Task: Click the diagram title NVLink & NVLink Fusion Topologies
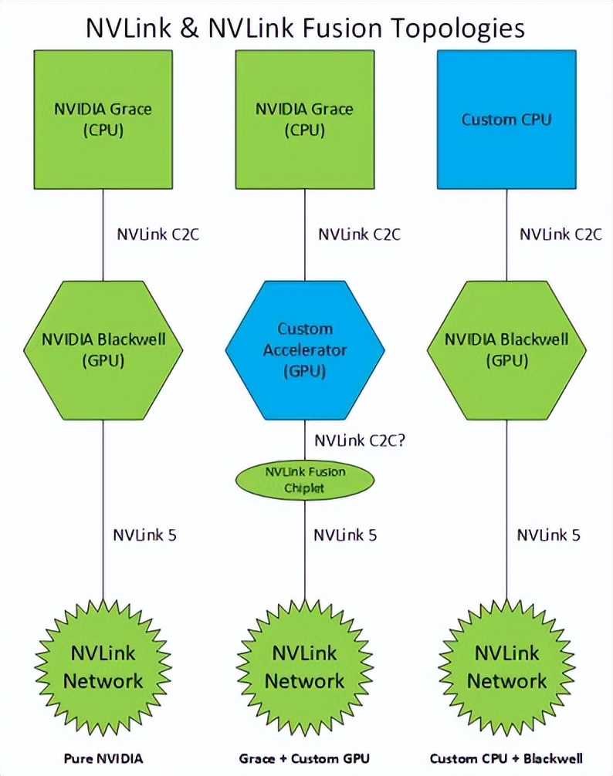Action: tap(306, 28)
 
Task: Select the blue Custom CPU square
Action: tap(506, 120)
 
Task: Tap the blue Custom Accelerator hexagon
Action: tap(305, 350)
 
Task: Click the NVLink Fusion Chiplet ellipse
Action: tap(305, 480)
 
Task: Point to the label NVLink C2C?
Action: tap(359, 441)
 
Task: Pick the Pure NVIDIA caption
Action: tap(104, 757)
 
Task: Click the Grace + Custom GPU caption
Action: tap(305, 757)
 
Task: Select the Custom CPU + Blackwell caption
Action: tap(506, 757)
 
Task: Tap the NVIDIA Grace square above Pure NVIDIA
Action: tap(103, 120)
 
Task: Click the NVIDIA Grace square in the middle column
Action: tap(305, 120)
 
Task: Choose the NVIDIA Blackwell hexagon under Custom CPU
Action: tap(506, 350)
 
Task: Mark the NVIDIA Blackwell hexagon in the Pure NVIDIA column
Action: tap(103, 350)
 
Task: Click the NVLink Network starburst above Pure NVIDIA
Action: tap(103, 667)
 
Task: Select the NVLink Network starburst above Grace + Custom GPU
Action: tap(305, 667)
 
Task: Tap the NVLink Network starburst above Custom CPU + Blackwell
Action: tap(506, 667)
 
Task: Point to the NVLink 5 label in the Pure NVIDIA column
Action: tap(145, 535)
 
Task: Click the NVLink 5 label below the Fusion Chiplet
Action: tap(345, 535)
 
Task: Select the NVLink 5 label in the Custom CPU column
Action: tap(548, 535)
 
